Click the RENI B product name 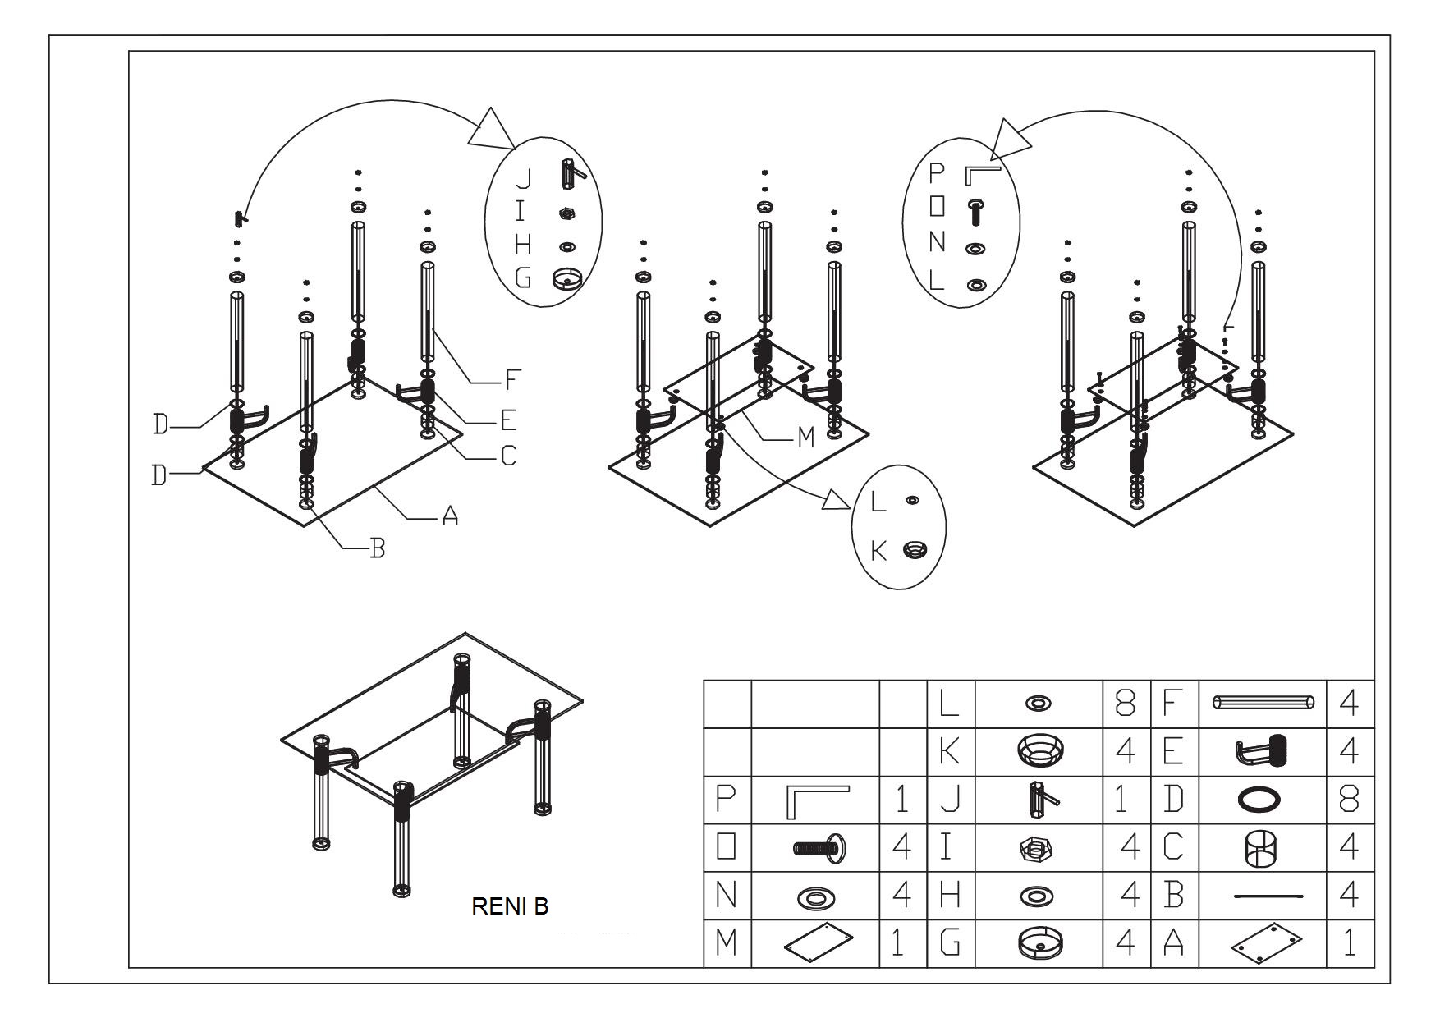click(510, 906)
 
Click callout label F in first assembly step click(512, 380)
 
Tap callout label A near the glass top click(449, 516)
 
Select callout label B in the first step click(377, 548)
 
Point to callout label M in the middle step click(805, 438)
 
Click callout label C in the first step click(508, 455)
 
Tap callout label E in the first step click(508, 420)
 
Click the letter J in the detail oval click(523, 178)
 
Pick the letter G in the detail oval click(523, 278)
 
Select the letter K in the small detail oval click(878, 551)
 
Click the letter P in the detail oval click(937, 173)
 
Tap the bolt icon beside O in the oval click(976, 211)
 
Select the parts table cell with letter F click(1174, 704)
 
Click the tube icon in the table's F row click(1262, 703)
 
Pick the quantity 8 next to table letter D click(1349, 799)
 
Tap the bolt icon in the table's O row click(820, 846)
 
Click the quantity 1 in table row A click(1349, 943)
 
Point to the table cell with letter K click(950, 751)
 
